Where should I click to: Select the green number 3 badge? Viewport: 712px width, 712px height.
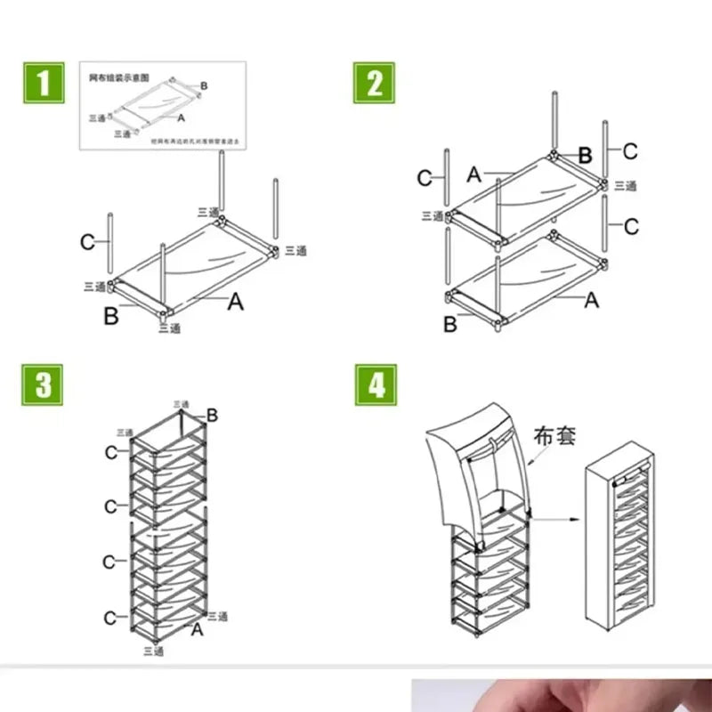pyautogui.click(x=43, y=384)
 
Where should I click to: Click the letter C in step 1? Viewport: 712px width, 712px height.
pyautogui.click(x=87, y=241)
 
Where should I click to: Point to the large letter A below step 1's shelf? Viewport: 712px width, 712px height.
pyautogui.click(x=235, y=303)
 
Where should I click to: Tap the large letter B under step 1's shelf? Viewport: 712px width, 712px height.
pyautogui.click(x=110, y=316)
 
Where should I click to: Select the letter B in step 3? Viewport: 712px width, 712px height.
pyautogui.click(x=212, y=415)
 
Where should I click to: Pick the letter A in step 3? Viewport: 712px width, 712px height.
pyautogui.click(x=198, y=629)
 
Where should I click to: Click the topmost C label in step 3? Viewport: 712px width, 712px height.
pyautogui.click(x=110, y=452)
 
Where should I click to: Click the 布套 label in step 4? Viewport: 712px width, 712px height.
pyautogui.click(x=554, y=436)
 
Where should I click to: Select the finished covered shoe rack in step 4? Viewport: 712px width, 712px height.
pyautogui.click(x=622, y=544)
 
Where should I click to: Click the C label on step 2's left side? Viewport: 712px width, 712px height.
pyautogui.click(x=425, y=179)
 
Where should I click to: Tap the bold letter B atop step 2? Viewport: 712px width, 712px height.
pyautogui.click(x=585, y=156)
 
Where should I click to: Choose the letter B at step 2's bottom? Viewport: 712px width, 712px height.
pyautogui.click(x=449, y=324)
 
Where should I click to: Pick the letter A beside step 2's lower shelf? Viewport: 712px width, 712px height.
pyautogui.click(x=591, y=301)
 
